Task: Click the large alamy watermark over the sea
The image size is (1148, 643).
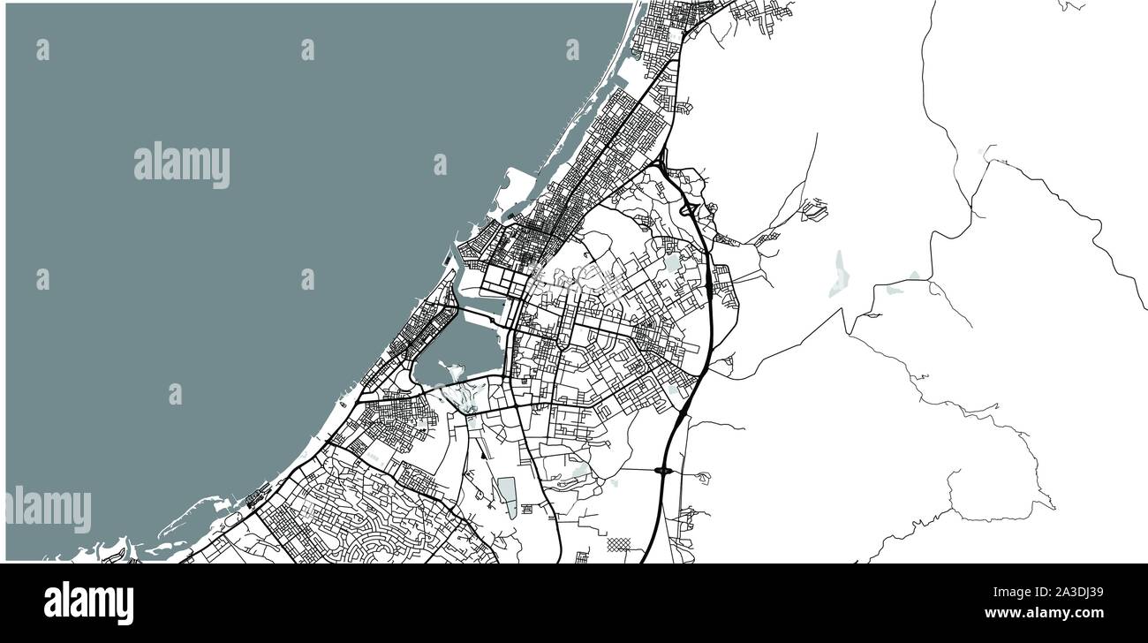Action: tap(182, 165)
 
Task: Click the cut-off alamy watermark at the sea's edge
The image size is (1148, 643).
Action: tap(49, 510)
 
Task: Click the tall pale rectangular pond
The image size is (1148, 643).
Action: tap(507, 496)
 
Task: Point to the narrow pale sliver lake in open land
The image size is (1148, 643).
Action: tap(837, 272)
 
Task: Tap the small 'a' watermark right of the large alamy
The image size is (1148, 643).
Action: tap(440, 164)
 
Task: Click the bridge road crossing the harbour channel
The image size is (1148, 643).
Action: tap(482, 380)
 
